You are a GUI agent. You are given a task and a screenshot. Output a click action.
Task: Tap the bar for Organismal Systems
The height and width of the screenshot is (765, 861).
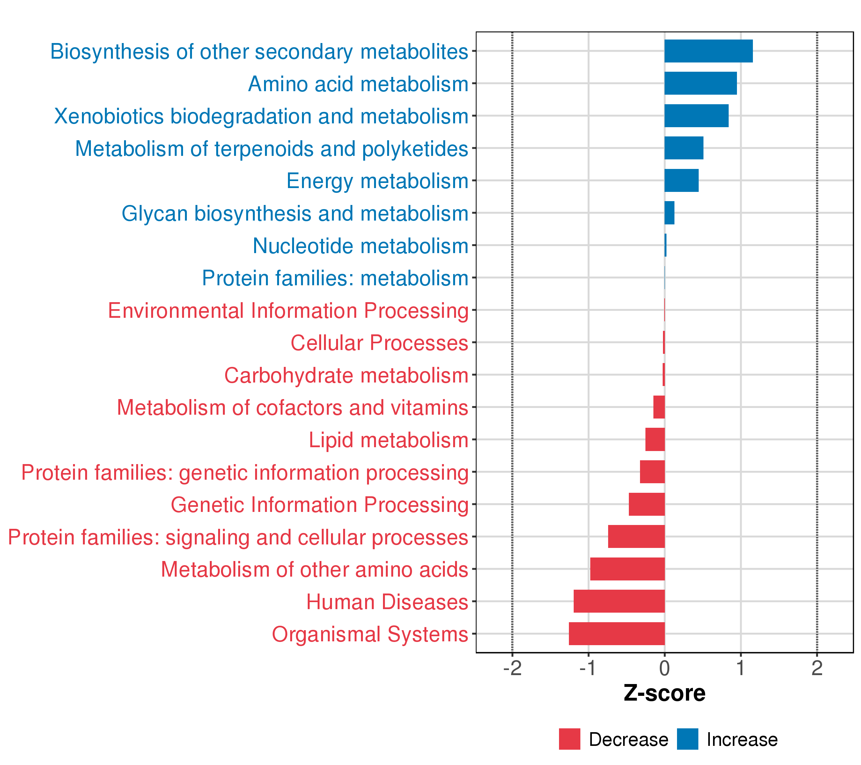617,633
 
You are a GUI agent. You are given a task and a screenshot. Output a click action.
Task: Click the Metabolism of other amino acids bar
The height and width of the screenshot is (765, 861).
627,569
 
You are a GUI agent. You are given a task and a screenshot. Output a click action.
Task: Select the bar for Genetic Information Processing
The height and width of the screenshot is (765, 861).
647,504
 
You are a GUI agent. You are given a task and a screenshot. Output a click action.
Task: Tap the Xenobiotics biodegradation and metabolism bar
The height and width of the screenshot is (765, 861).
696,116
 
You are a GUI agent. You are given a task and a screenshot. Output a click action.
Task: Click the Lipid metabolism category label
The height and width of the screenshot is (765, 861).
388,440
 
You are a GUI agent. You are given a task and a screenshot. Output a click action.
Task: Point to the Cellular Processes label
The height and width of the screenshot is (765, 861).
379,343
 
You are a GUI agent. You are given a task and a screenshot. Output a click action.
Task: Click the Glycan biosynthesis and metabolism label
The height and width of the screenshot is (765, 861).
295,214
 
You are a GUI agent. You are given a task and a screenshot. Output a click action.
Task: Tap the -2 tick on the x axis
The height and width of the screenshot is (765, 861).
512,669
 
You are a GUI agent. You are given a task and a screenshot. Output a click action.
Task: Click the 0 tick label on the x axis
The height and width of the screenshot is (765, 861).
665,669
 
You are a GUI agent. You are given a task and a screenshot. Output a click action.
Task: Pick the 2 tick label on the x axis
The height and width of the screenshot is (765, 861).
817,669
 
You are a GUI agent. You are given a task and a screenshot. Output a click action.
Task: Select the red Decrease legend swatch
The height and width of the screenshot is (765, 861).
569,739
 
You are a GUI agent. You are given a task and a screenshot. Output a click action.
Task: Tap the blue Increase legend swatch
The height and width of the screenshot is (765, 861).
688,739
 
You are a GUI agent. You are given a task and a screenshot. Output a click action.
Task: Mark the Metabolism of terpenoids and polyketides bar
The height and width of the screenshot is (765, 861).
684,148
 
